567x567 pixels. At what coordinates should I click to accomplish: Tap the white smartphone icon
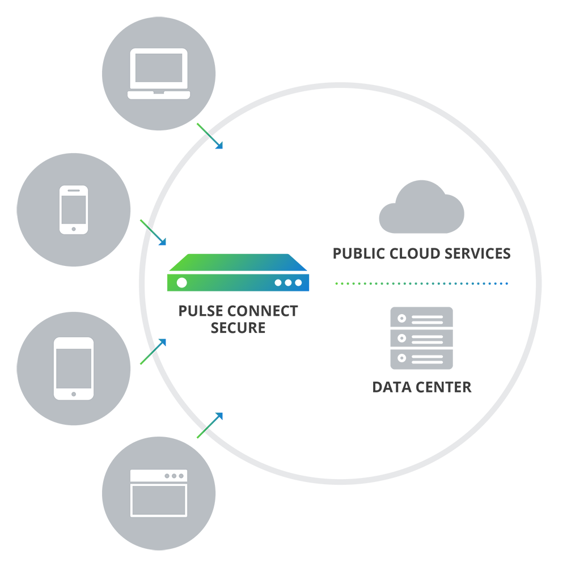click(x=74, y=209)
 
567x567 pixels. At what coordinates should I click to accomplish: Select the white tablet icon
click(x=74, y=369)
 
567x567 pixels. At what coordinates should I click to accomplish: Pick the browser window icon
click(x=159, y=493)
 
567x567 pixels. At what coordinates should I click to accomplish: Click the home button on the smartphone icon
click(x=74, y=229)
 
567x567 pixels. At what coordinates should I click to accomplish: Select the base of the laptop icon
click(x=158, y=95)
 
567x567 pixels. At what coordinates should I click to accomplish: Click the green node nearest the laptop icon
click(x=200, y=126)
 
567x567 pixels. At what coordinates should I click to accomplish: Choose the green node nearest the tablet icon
click(x=142, y=362)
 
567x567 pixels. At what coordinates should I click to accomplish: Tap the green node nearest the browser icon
click(x=197, y=437)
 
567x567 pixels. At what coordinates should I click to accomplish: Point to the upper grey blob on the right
click(x=414, y=187)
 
